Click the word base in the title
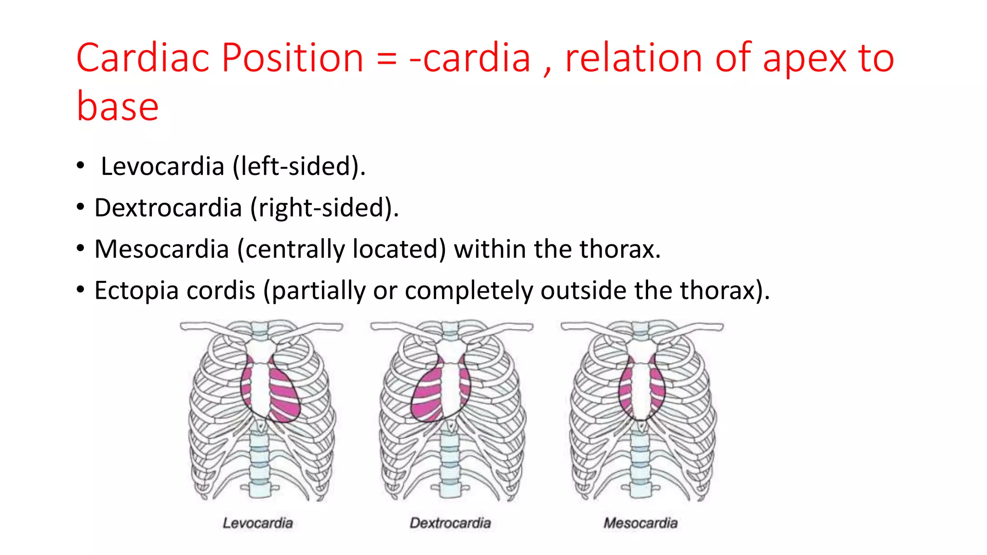(x=118, y=106)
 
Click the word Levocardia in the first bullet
(x=162, y=167)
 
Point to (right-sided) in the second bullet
(x=324, y=208)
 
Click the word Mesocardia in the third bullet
(x=161, y=250)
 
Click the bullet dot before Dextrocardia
(x=80, y=208)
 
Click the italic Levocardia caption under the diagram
(x=258, y=523)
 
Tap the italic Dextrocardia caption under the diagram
(x=450, y=523)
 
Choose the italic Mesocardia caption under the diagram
(x=640, y=523)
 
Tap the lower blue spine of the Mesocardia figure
(x=640, y=462)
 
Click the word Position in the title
(x=292, y=58)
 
